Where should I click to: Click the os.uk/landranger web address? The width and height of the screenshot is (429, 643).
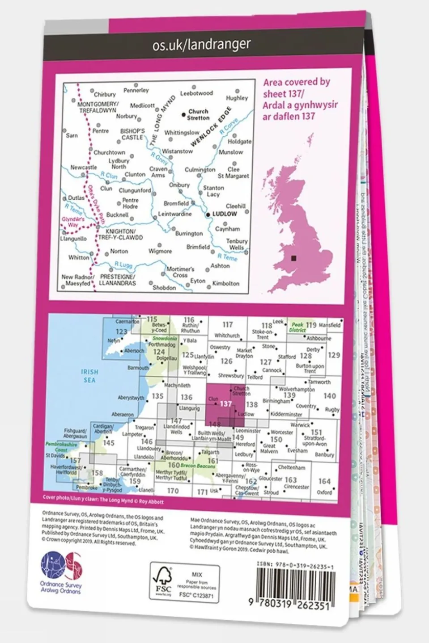pos(201,44)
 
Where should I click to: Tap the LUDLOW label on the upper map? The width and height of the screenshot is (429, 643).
pos(224,214)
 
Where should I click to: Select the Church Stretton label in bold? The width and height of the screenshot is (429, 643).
pos(198,114)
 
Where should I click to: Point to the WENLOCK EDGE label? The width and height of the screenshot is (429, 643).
pos(211,127)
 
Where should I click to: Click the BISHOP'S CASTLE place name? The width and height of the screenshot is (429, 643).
pos(132,134)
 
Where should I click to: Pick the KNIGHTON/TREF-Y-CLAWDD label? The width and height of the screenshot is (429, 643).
pos(124,235)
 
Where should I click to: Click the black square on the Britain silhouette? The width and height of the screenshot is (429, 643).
pos(293,258)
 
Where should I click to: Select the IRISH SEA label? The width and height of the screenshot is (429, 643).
pos(89,375)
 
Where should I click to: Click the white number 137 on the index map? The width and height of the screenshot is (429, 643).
pos(226,403)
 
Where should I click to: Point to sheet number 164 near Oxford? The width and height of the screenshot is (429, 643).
pos(324,481)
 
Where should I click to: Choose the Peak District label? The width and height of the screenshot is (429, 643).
pos(297,327)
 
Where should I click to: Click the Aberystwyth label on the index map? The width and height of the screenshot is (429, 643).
pos(131,398)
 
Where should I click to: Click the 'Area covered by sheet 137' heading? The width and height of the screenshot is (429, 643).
pos(296,99)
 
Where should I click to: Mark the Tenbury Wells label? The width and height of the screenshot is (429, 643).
pos(237,244)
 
